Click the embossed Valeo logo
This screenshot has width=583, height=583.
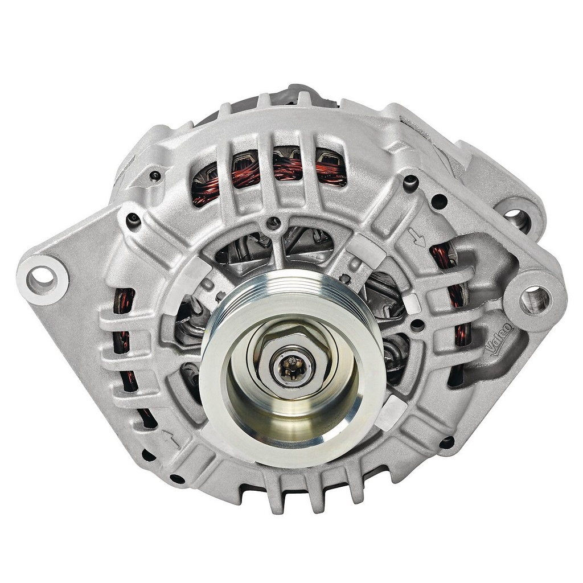click(500, 340)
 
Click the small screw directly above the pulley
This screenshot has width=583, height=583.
click(276, 222)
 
